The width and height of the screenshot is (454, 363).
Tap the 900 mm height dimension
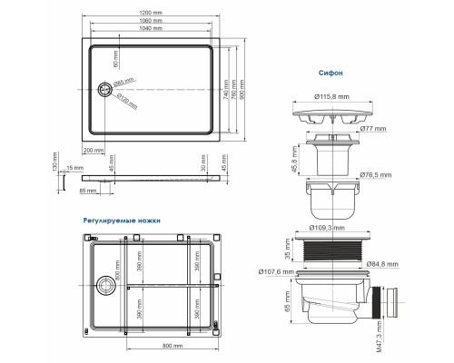tap(242, 91)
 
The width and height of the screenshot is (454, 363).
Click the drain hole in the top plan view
tap(104, 89)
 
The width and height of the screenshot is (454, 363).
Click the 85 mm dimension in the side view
tap(88, 191)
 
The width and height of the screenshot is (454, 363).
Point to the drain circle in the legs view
tap(106, 284)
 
